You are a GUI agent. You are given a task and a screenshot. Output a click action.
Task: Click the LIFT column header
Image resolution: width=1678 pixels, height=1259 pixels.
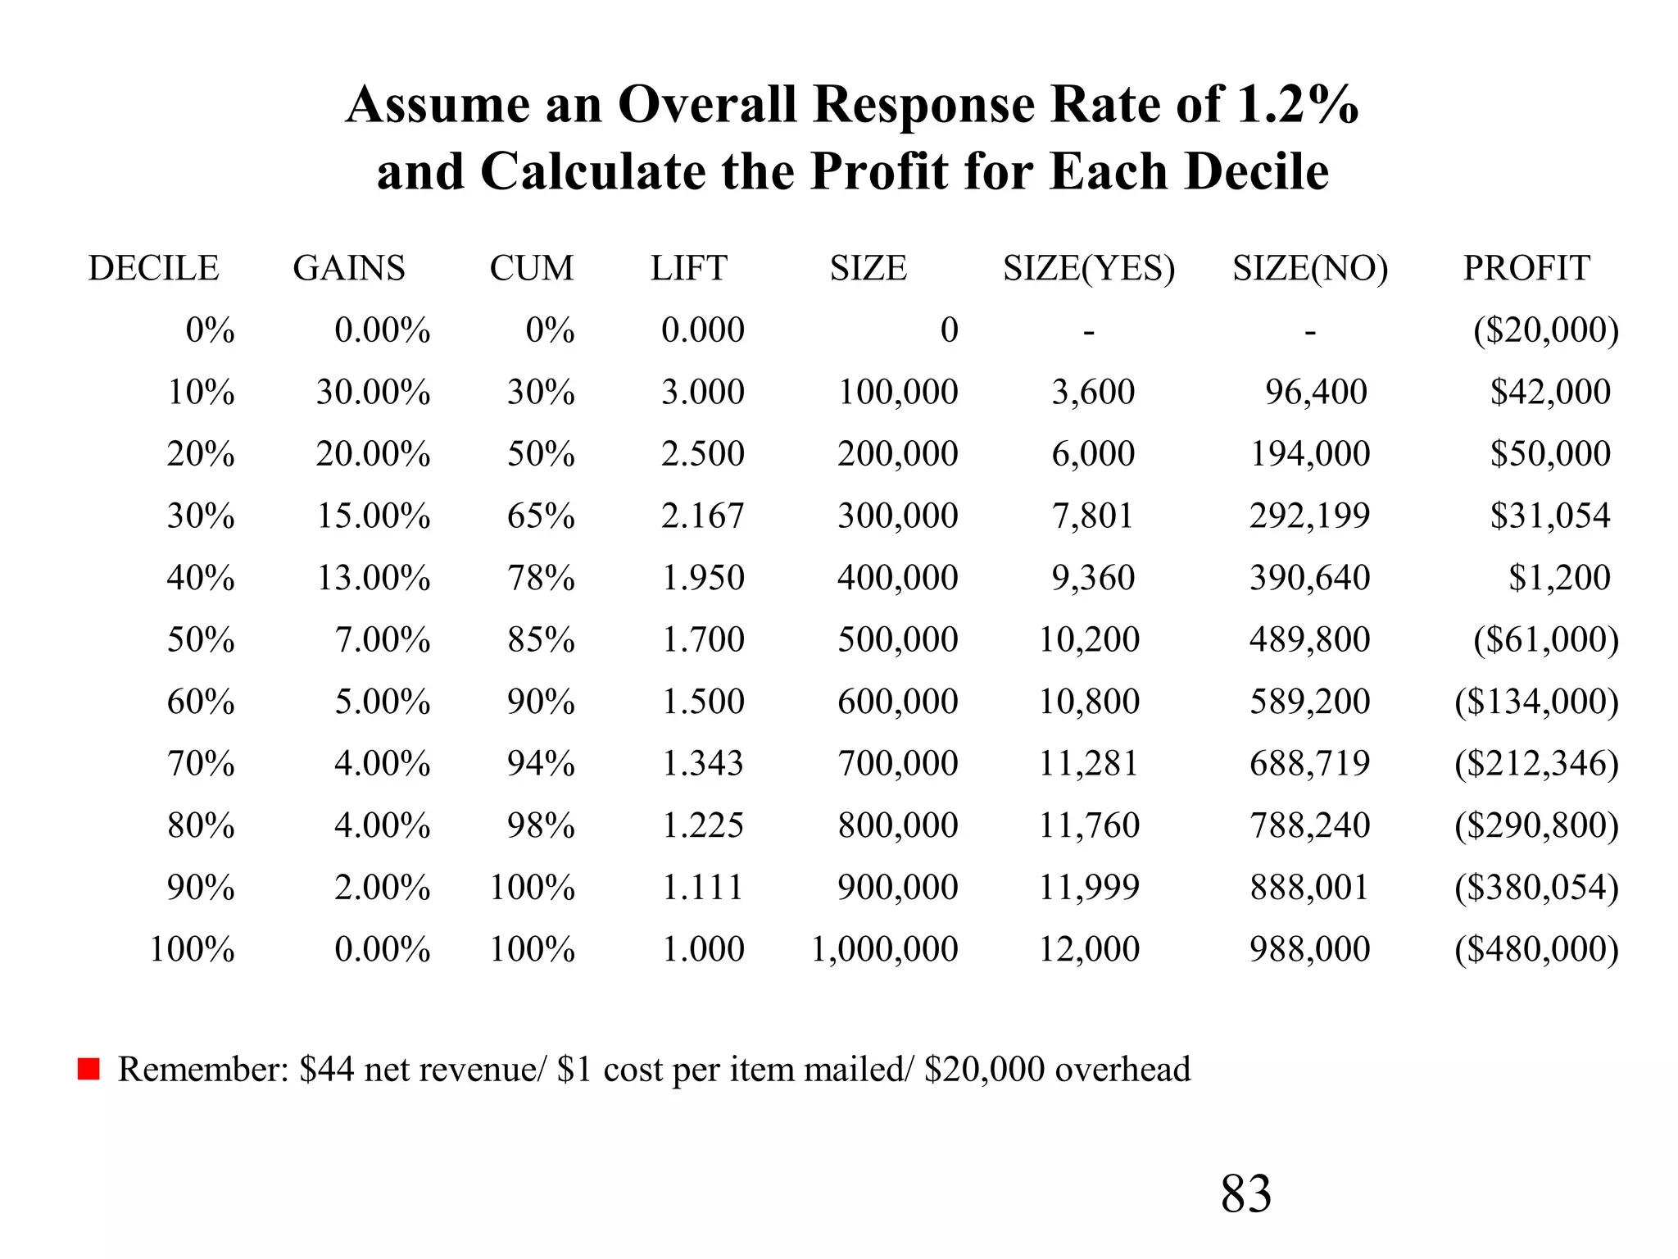(688, 268)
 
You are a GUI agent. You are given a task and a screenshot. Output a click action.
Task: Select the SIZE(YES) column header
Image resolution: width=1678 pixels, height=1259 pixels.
(1089, 268)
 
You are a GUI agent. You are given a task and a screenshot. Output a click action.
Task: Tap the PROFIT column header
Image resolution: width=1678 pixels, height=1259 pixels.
(1526, 268)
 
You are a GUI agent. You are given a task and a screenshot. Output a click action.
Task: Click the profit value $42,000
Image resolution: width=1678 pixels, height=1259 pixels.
(1550, 392)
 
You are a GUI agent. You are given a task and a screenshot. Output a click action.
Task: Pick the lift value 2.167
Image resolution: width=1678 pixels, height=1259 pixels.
(702, 516)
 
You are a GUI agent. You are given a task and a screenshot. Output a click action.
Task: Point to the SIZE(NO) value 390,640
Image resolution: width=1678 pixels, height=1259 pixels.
(1309, 578)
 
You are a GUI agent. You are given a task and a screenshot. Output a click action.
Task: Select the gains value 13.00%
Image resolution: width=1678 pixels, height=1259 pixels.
(374, 578)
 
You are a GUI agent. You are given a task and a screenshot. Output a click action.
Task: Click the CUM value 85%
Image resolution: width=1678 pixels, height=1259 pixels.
(541, 639)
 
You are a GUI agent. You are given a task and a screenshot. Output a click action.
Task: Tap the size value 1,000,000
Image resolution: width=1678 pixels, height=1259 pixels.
(884, 949)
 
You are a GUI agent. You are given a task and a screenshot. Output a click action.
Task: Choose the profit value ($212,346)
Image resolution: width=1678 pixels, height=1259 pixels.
(1536, 763)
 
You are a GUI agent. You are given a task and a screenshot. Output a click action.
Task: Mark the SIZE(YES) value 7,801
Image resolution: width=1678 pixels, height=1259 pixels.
(1093, 516)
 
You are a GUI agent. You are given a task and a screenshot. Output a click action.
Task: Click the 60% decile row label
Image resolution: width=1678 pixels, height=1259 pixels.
(201, 702)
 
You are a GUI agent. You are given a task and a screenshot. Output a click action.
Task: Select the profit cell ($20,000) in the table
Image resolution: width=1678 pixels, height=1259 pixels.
(1545, 330)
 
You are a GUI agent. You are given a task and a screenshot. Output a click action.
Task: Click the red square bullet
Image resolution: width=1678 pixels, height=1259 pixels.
(88, 1070)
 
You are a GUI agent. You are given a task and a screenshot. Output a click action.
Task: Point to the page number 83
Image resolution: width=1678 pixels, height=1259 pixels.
(1245, 1193)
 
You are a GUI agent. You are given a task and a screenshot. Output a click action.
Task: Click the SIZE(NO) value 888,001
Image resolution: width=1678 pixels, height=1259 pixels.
(1309, 887)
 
